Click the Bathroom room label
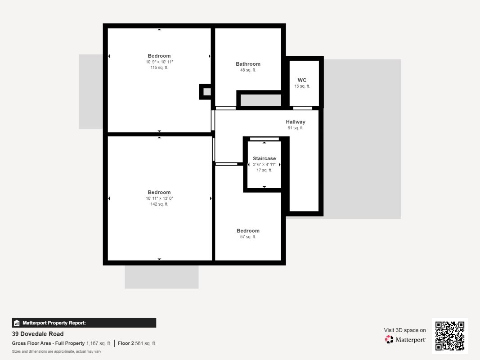(x=248, y=64)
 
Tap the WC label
(x=302, y=80)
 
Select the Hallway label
(x=296, y=122)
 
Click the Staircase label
(x=264, y=158)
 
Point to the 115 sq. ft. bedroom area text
(x=159, y=67)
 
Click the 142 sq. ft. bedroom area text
(x=159, y=204)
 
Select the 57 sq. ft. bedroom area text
(x=248, y=237)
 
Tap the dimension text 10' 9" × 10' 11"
(x=159, y=62)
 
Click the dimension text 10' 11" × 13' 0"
(x=159, y=198)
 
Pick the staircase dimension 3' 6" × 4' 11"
(x=264, y=164)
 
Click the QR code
(x=450, y=336)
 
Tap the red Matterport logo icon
(x=389, y=339)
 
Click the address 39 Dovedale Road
(x=38, y=334)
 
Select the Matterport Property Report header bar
(x=84, y=323)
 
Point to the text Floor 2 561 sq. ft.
(x=137, y=343)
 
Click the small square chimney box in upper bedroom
(x=205, y=92)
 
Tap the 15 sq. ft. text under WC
(x=302, y=86)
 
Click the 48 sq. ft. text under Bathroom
(x=248, y=70)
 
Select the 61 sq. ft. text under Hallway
(x=296, y=128)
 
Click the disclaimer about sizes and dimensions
(x=57, y=351)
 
